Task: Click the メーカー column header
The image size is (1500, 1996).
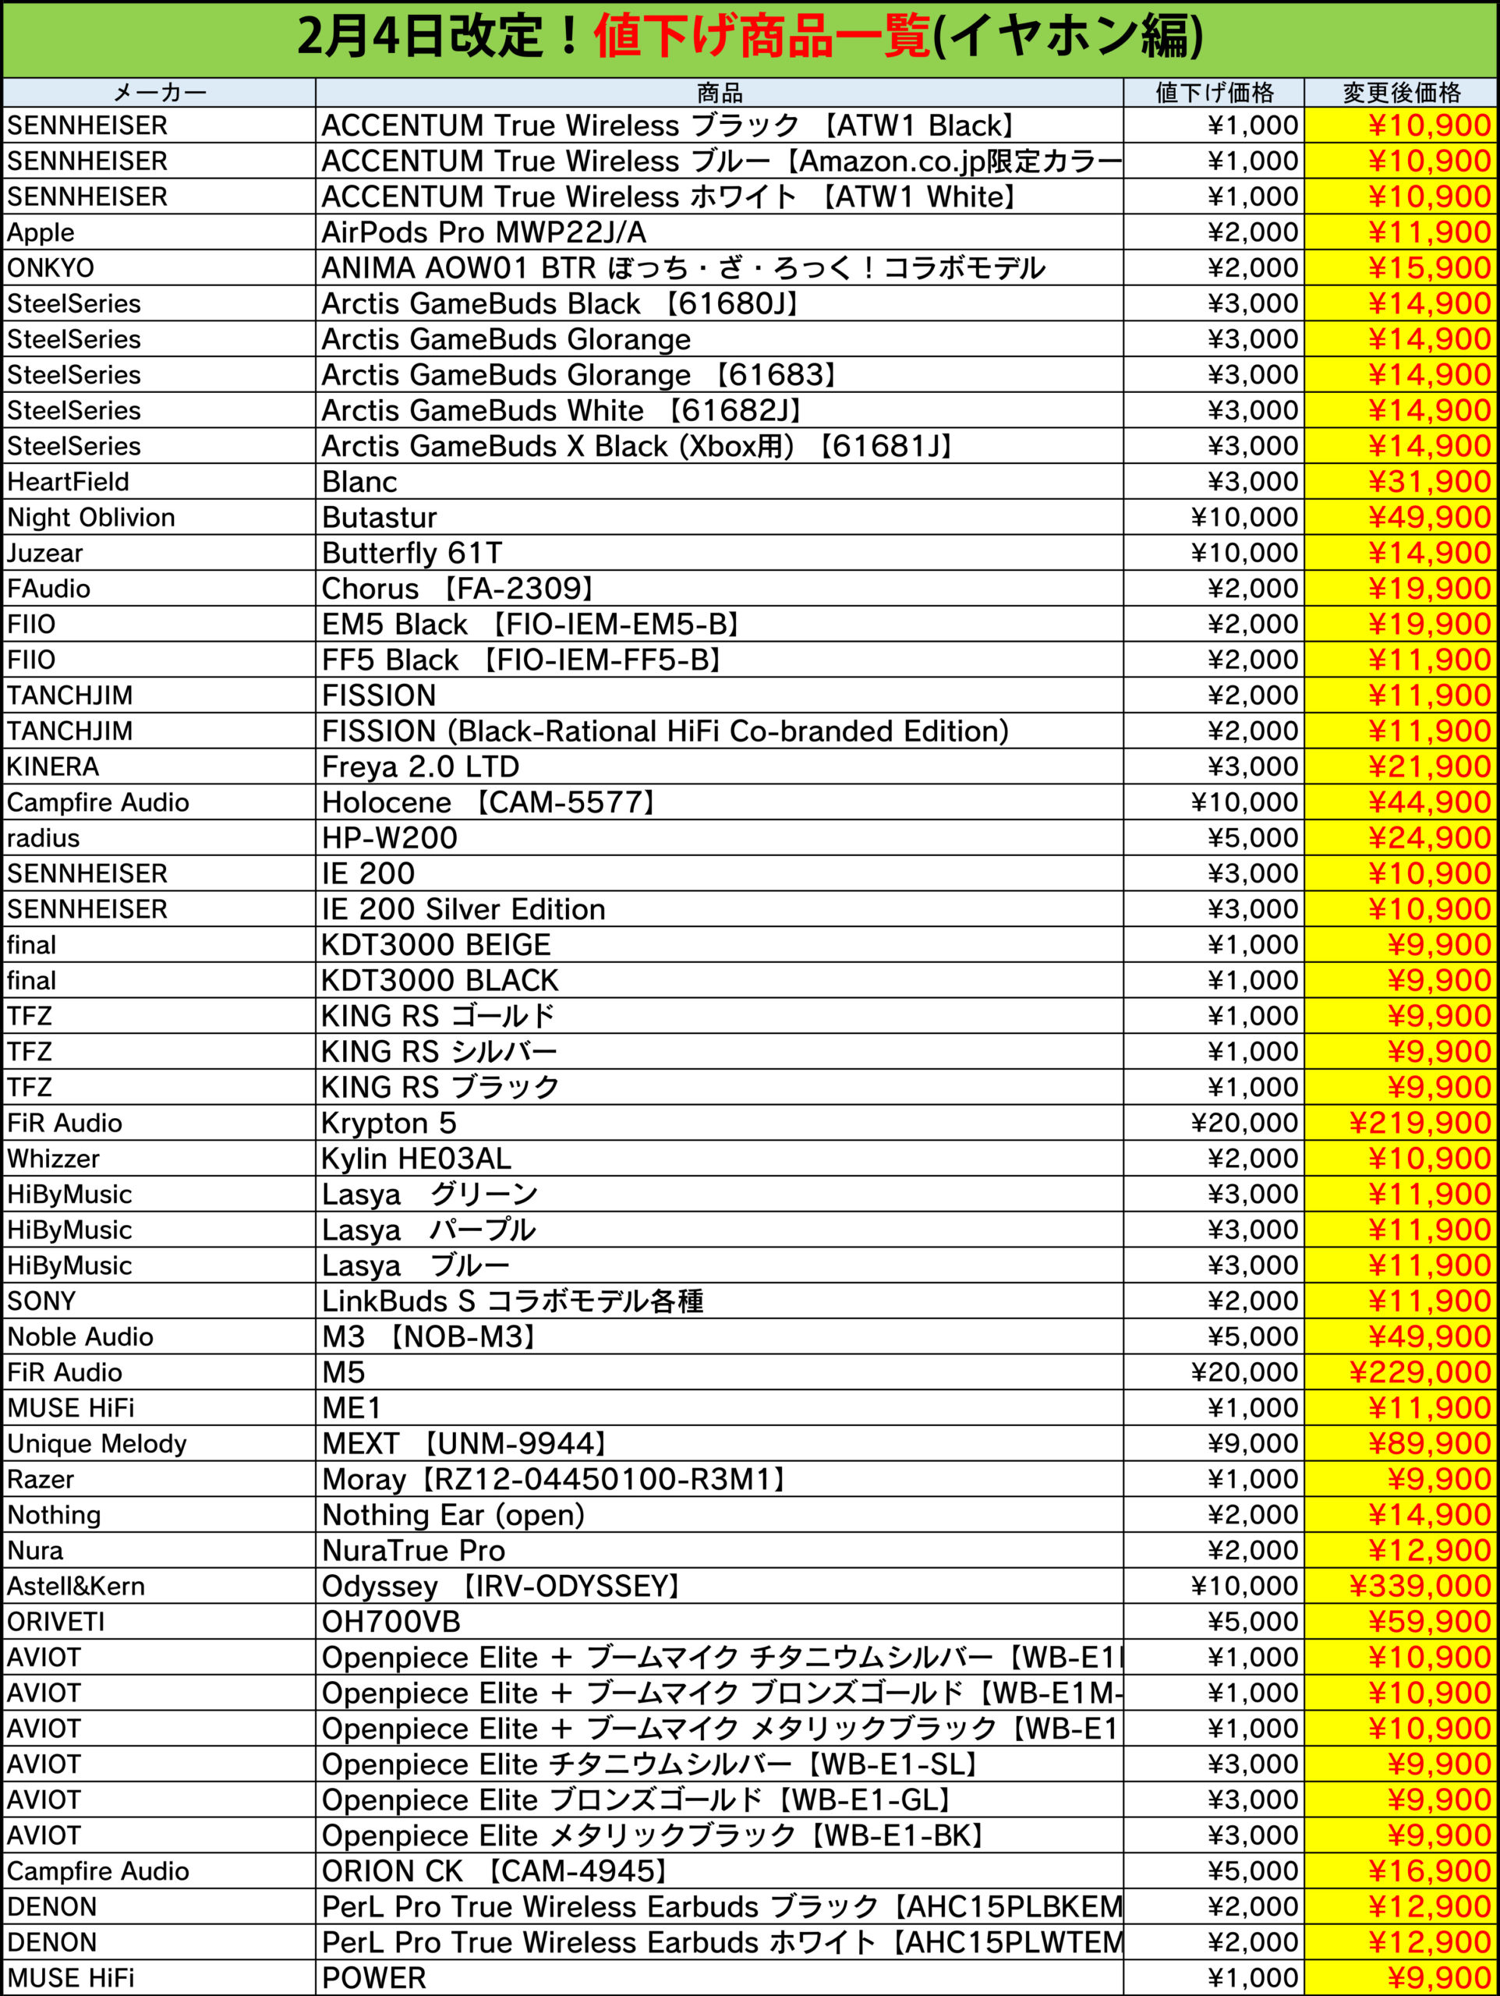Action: tap(160, 92)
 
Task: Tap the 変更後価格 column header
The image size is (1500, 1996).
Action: tap(1401, 92)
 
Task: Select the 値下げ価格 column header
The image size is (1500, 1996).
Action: tap(1214, 92)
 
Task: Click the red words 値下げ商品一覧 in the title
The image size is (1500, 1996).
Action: tap(762, 38)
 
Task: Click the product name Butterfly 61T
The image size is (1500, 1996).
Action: tap(412, 553)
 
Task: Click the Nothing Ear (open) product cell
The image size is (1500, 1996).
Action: tap(453, 1515)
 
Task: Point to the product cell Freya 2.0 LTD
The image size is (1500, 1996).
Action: tap(420, 767)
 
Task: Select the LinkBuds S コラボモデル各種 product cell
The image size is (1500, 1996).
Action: tap(511, 1301)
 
